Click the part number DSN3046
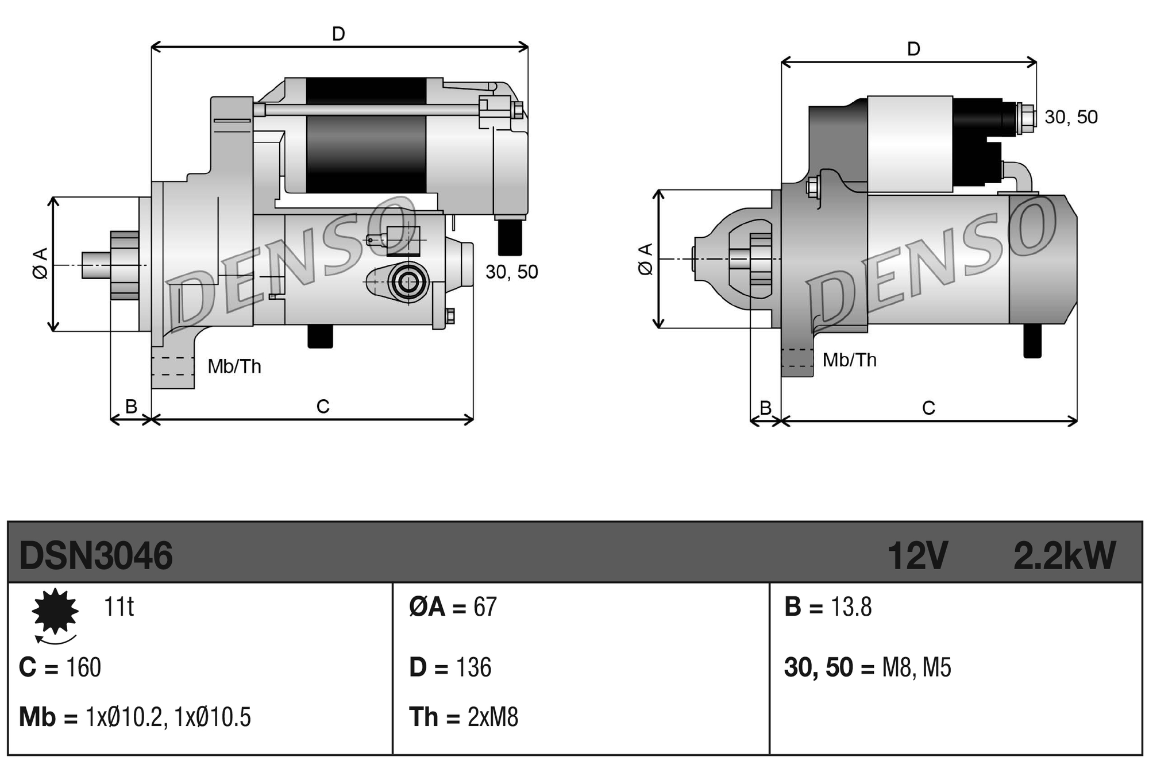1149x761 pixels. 95,555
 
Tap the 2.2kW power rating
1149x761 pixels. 1063,555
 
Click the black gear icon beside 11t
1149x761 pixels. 55,611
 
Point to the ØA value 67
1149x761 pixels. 485,607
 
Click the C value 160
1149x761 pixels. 83,667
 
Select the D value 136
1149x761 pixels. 473,667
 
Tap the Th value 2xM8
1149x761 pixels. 492,717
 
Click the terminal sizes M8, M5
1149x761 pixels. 916,667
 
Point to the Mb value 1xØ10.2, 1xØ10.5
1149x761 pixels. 168,717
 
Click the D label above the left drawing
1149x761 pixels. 338,34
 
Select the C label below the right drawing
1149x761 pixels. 928,408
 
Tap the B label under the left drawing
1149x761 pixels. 131,406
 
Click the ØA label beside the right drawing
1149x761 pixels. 646,259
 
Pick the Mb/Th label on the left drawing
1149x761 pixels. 234,366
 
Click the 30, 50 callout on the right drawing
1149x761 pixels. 1071,117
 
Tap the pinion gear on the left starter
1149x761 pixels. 124,265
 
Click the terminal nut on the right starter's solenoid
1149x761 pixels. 1025,118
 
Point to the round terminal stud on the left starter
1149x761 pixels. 408,282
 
